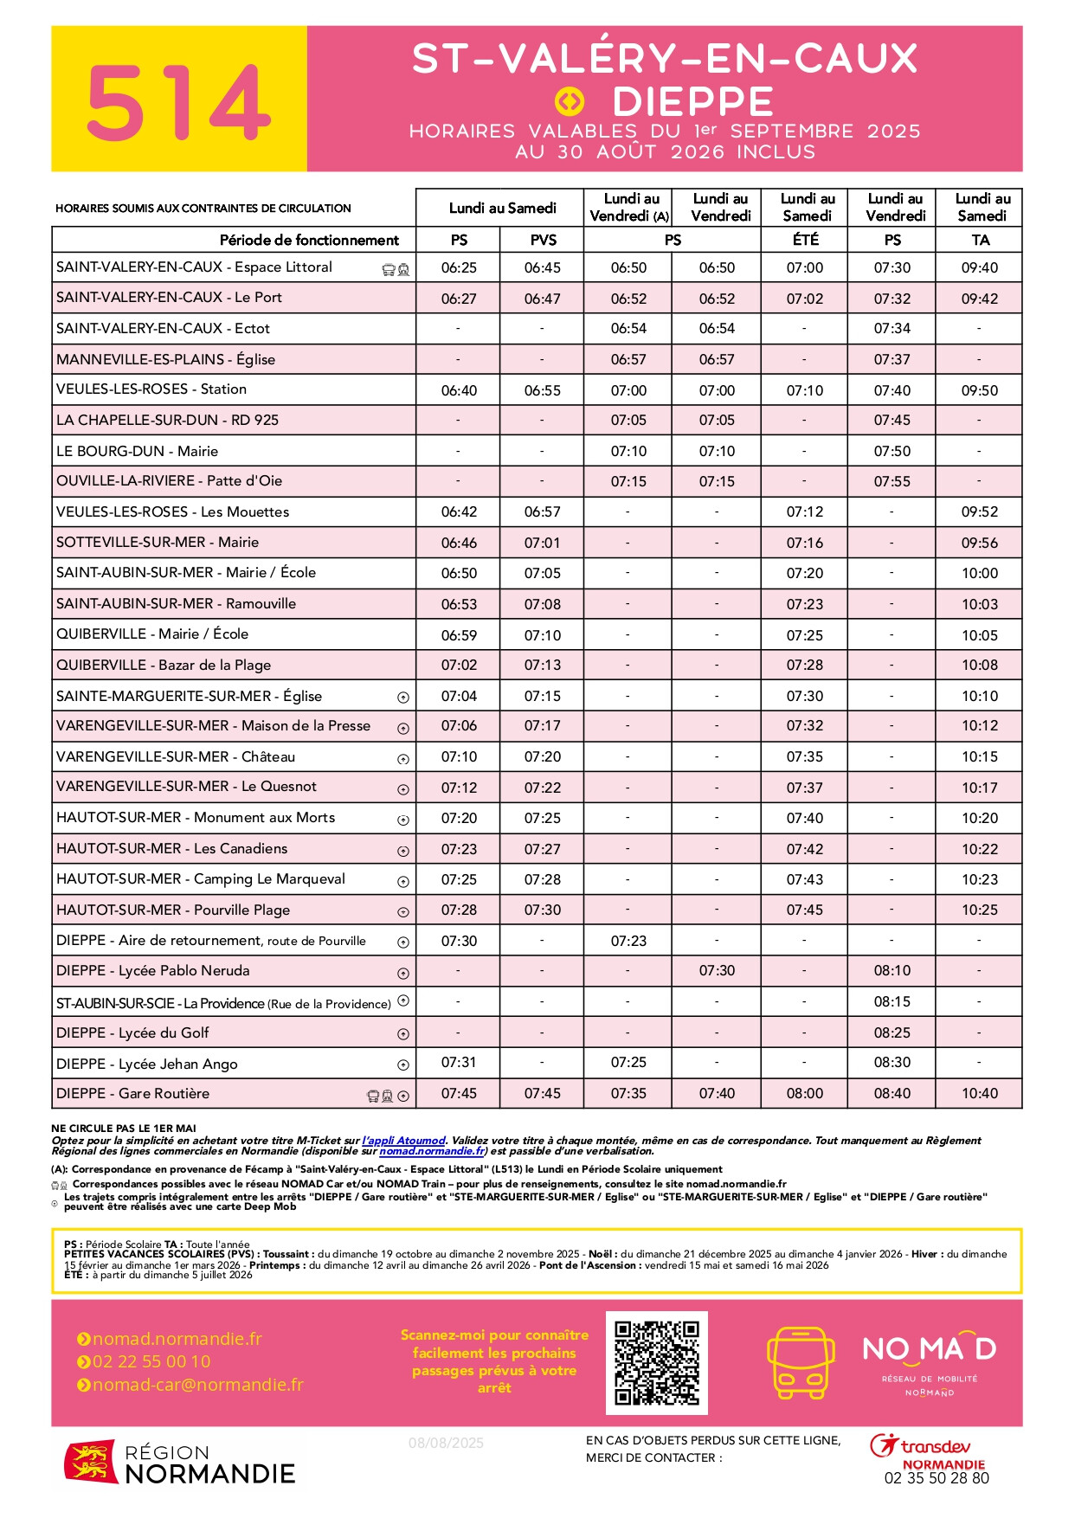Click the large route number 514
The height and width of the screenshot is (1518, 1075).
(x=178, y=102)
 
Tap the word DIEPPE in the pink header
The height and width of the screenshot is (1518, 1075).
(x=692, y=103)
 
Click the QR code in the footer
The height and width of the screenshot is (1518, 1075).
(x=657, y=1362)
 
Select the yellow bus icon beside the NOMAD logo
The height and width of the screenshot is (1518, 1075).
(x=801, y=1362)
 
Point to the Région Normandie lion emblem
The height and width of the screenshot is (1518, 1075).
(x=90, y=1462)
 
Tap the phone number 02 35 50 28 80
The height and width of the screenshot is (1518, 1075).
(x=936, y=1478)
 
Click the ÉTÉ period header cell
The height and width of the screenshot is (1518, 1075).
(x=805, y=240)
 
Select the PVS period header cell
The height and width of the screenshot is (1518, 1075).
(x=543, y=240)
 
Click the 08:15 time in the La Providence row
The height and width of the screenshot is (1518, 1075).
(x=892, y=1001)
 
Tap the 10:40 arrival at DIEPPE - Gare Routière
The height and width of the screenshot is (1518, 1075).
(x=979, y=1093)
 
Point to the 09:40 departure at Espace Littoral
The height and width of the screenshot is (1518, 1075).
(x=979, y=267)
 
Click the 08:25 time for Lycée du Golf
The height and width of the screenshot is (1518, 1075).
(x=892, y=1032)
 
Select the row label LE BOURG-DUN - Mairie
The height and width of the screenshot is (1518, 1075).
(x=137, y=451)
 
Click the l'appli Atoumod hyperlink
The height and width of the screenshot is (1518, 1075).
(x=403, y=1141)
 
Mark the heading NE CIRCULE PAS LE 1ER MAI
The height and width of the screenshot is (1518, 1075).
(x=124, y=1128)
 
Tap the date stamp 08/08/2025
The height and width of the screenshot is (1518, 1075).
(x=446, y=1443)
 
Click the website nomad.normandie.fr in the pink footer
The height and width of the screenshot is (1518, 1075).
(x=177, y=1339)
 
